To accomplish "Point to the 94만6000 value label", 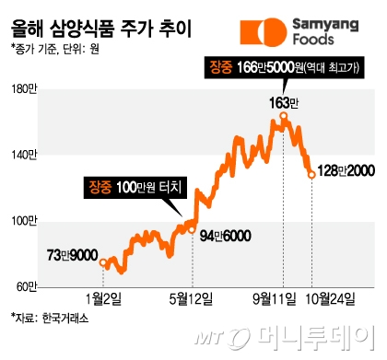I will [226, 235].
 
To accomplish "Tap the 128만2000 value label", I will [343, 171].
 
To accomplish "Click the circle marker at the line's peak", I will [284, 116].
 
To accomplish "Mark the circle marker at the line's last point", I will [311, 174].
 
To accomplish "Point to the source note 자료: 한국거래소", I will [52, 319].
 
